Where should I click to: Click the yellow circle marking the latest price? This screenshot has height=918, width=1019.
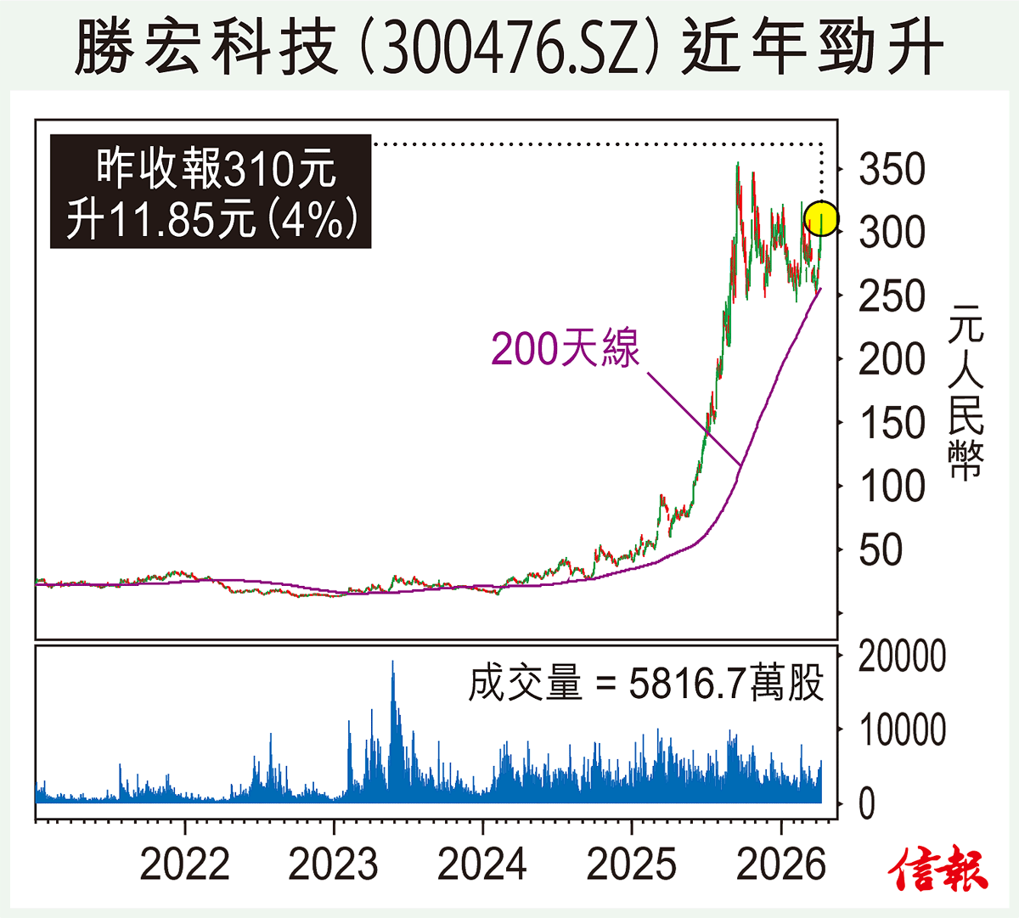tap(821, 219)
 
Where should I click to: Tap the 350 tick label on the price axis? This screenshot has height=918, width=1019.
tap(891, 170)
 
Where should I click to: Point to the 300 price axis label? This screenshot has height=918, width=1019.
tap(891, 233)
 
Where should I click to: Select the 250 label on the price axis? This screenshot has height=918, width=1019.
tap(891, 296)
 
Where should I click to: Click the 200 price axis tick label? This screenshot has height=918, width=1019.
tap(891, 360)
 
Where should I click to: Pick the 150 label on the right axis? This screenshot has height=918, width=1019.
tap(891, 423)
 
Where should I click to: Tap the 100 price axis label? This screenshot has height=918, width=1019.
tap(891, 487)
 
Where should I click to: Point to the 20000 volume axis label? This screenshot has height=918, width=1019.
tap(902, 656)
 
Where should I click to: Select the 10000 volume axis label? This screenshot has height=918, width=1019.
tap(902, 729)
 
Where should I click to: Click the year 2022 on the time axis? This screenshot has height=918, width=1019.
tap(184, 864)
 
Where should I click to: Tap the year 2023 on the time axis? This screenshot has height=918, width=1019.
tap(333, 864)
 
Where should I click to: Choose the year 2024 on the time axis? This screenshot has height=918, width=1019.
tap(482, 864)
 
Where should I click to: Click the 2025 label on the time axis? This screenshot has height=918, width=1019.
tap(632, 864)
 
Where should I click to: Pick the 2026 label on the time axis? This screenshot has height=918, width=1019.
tap(780, 864)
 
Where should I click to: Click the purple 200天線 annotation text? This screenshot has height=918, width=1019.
tap(566, 348)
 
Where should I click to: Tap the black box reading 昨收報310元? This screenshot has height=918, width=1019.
tap(211, 192)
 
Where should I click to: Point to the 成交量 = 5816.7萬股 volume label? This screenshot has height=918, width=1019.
tap(646, 684)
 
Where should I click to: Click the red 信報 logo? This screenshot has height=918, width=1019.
tap(939, 869)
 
